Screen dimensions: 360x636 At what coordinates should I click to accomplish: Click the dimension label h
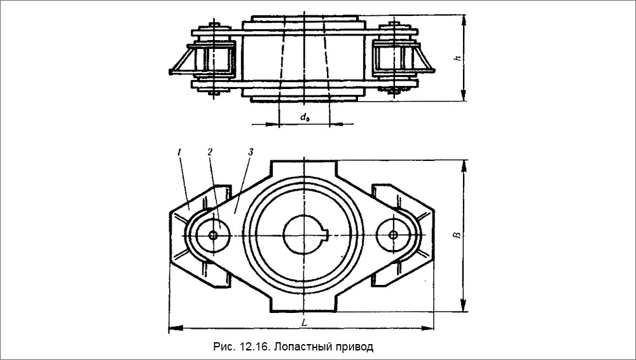(457, 59)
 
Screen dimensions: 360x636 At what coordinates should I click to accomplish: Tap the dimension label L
(305, 322)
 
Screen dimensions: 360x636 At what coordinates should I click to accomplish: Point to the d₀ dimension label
(304, 116)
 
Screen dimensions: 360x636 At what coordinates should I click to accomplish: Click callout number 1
(180, 153)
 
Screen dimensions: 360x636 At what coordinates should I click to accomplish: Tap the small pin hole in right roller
(394, 235)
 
